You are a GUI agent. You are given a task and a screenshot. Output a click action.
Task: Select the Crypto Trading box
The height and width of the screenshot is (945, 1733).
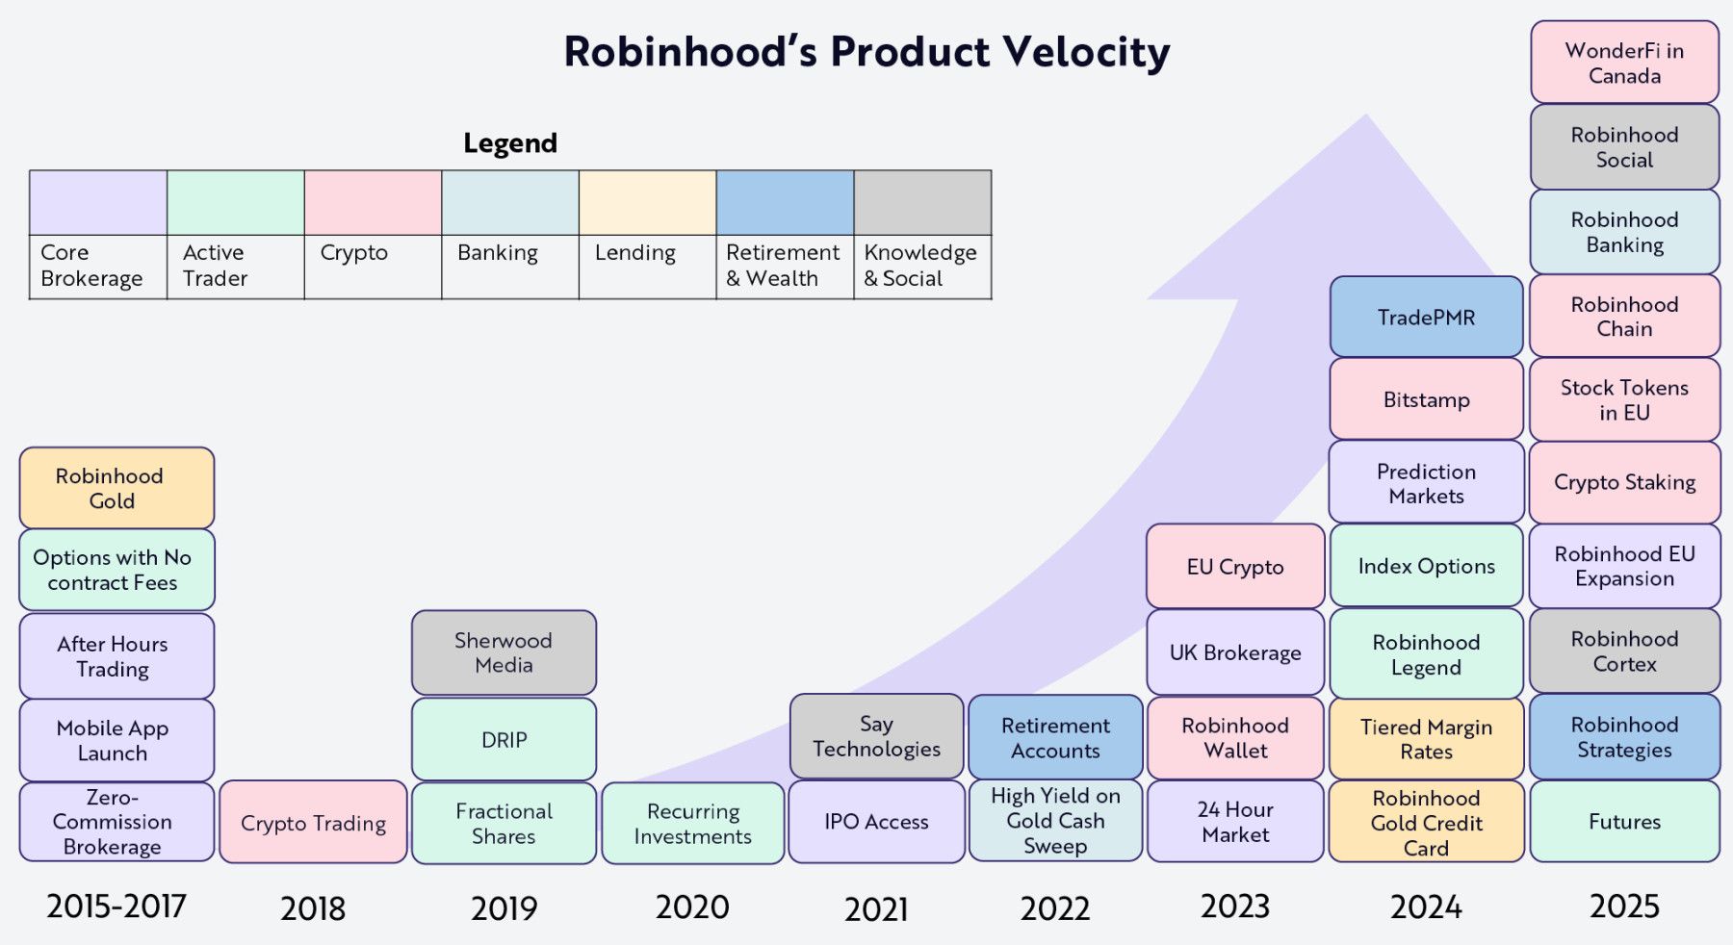coord(313,823)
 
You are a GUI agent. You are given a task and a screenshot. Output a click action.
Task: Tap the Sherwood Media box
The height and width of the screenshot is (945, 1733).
coord(504,652)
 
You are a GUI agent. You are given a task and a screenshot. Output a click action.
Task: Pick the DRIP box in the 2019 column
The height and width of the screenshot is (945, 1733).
coord(504,739)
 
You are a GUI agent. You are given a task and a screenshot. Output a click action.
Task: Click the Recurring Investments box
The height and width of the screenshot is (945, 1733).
coord(692,824)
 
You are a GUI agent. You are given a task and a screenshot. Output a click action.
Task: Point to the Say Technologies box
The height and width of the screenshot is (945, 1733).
coord(876,736)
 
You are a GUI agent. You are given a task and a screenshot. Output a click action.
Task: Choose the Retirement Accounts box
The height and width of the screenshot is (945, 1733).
coord(1055,738)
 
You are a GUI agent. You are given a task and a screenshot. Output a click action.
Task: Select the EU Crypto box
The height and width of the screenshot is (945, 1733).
coord(1235,567)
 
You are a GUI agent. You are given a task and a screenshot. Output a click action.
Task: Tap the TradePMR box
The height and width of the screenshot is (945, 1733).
coord(1426,317)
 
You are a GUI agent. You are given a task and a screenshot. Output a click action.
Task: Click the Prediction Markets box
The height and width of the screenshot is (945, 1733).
coord(1426,483)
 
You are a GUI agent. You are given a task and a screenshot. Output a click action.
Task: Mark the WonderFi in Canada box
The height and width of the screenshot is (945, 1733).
coord(1624,63)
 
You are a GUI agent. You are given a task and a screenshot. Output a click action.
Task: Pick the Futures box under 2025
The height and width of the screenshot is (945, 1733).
coord(1624,822)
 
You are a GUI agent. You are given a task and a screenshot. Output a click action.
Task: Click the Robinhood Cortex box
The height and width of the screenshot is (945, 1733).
coord(1624,651)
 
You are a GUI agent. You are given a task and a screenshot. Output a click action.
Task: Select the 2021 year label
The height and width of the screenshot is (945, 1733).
coord(876,908)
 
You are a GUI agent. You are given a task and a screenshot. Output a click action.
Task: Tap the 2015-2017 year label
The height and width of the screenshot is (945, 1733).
coord(116,907)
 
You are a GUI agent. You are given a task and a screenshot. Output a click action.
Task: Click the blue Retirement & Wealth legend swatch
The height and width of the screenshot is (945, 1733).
coord(785,203)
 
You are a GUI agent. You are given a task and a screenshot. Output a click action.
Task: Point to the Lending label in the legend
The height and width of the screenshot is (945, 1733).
coord(635,253)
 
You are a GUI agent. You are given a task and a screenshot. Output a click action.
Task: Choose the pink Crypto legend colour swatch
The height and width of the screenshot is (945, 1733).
coord(373,203)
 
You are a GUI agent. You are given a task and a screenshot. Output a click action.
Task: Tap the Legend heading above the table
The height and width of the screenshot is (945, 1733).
coord(510,143)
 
